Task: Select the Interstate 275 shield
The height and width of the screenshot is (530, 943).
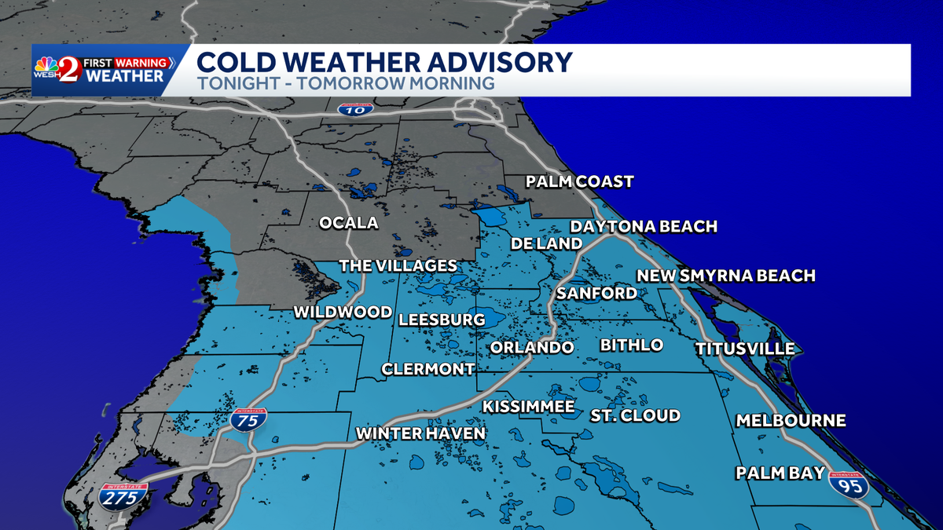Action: tap(123, 495)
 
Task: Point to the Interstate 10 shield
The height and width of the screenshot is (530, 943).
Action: tap(355, 109)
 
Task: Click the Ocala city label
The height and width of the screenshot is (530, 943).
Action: tap(348, 223)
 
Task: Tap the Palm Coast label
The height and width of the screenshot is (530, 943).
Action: tap(579, 182)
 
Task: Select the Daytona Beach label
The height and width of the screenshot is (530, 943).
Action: tap(644, 227)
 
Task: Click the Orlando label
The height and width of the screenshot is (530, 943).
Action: tap(532, 347)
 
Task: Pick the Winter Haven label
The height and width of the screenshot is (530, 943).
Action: tap(420, 433)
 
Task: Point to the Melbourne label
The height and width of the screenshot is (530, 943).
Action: tap(791, 421)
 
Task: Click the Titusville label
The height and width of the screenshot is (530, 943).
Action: tap(744, 349)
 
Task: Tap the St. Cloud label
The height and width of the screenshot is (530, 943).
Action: tap(635, 415)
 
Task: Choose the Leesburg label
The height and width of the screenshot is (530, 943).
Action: tap(441, 320)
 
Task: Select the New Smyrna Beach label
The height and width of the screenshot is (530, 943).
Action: tap(725, 276)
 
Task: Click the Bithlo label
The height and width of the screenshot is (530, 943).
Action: tap(631, 345)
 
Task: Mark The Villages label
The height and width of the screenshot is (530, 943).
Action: tap(398, 266)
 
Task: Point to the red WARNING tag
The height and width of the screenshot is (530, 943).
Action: tap(143, 62)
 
